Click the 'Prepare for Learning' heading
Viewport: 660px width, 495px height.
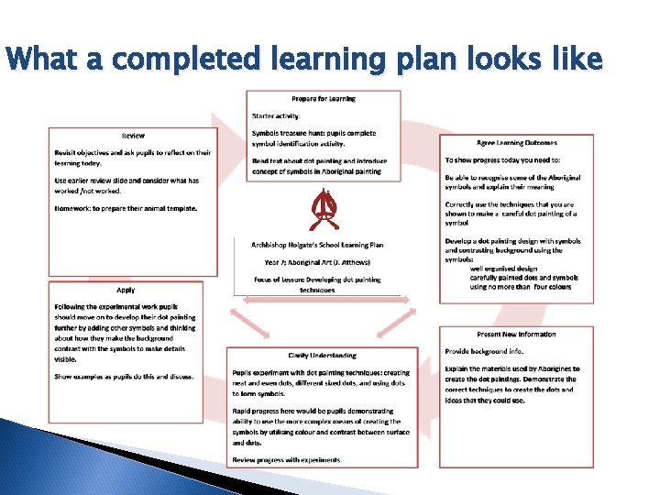click(x=324, y=98)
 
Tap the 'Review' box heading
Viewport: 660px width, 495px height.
click(x=133, y=136)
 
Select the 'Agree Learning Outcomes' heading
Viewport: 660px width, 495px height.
click(x=516, y=143)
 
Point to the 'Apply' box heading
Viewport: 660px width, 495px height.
click(x=126, y=290)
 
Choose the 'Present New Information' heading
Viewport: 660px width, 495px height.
click(x=516, y=335)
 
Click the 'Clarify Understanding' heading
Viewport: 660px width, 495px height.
click(x=322, y=356)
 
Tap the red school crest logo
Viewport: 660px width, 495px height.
click(x=322, y=211)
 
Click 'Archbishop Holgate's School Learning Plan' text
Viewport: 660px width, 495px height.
click(x=317, y=245)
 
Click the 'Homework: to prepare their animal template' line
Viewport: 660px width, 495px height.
click(x=126, y=208)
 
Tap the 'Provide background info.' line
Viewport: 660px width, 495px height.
click(x=484, y=351)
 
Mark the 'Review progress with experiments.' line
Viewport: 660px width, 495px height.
click(x=287, y=459)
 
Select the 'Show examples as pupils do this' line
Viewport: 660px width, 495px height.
click(x=124, y=377)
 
